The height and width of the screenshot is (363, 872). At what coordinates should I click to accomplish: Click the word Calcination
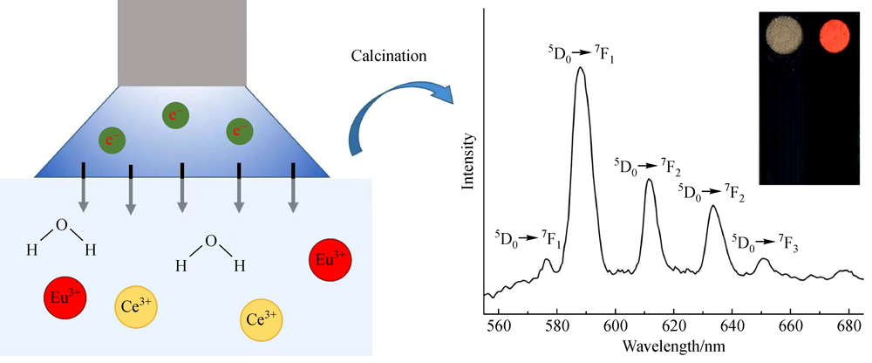(389, 57)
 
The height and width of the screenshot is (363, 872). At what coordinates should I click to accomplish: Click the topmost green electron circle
(174, 113)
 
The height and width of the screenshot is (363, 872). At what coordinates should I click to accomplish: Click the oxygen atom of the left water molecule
(60, 226)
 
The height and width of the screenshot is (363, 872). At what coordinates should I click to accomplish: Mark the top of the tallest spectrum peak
(580, 68)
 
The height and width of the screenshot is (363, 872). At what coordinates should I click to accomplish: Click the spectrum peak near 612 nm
(649, 181)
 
